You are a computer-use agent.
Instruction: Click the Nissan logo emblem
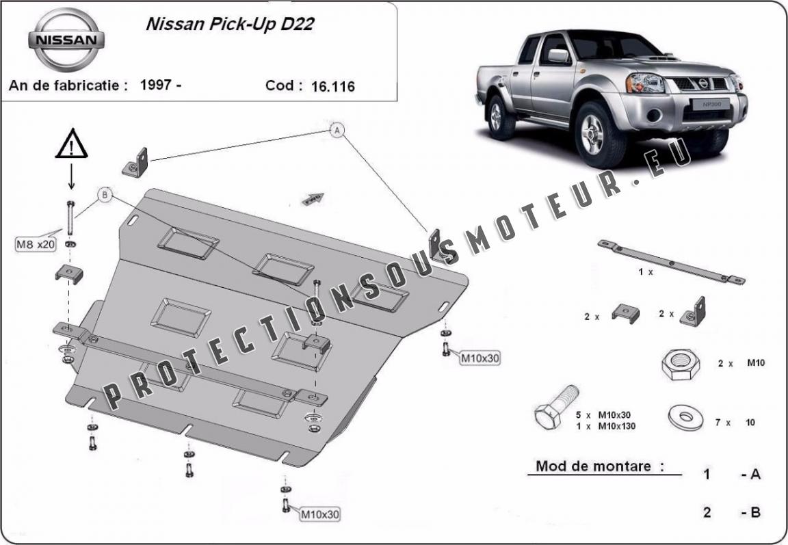(x=66, y=40)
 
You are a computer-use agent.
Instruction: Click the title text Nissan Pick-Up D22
(x=230, y=25)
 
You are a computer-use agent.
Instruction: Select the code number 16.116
(x=332, y=87)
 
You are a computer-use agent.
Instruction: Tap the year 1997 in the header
(x=156, y=84)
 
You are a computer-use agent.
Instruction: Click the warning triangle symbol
(x=72, y=144)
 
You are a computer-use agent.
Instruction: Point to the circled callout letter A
(x=338, y=131)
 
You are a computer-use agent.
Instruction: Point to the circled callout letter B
(x=105, y=195)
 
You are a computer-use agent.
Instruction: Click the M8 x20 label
(x=36, y=245)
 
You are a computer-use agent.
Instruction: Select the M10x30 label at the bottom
(x=320, y=514)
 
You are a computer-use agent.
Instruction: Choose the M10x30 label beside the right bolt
(x=480, y=358)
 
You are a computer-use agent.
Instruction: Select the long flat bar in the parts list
(x=671, y=262)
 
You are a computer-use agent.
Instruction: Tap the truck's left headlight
(x=644, y=82)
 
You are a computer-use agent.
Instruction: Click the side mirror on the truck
(x=559, y=56)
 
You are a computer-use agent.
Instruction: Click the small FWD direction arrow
(x=313, y=199)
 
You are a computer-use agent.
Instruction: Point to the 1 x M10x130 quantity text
(x=605, y=427)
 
